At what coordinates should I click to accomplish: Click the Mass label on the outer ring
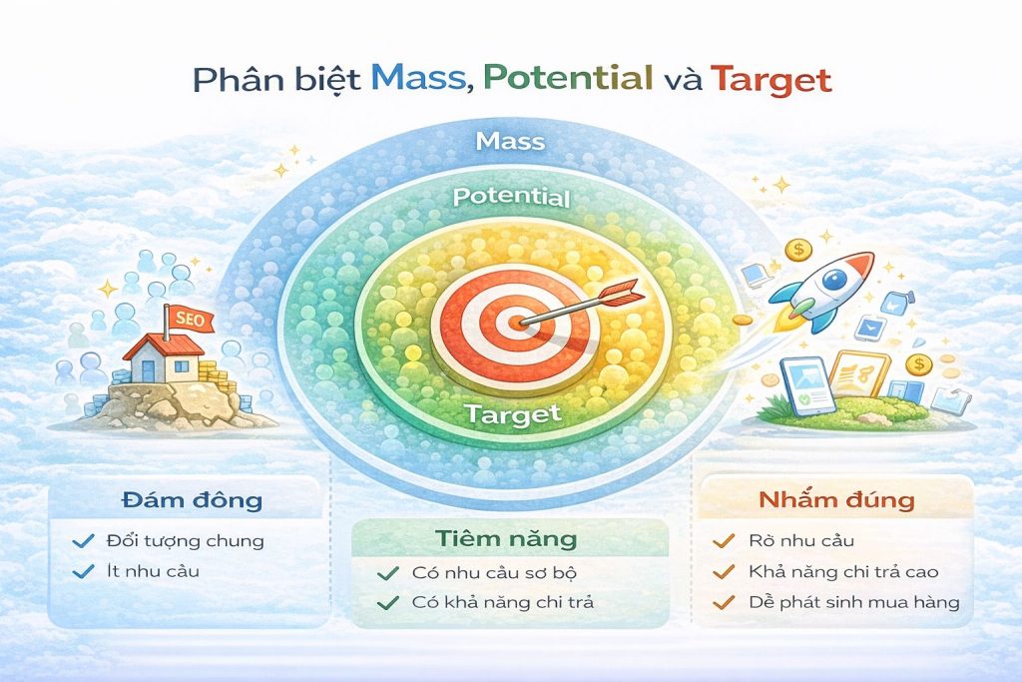pos(510,141)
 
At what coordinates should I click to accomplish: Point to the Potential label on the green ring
pos(511,197)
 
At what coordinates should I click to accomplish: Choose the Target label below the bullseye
pos(512,412)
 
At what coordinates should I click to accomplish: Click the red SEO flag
pos(186,317)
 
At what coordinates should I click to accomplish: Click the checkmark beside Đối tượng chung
pos(84,541)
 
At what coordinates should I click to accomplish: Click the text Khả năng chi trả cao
pos(842,572)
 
